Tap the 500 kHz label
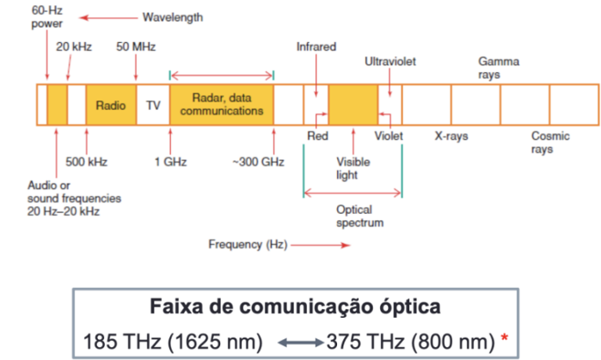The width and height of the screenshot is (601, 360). (86, 161)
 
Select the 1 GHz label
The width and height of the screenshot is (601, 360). (170, 161)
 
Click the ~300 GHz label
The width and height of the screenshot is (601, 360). (258, 161)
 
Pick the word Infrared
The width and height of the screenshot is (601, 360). (316, 46)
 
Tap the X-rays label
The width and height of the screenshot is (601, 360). (451, 136)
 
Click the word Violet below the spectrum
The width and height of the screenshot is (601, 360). (389, 136)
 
